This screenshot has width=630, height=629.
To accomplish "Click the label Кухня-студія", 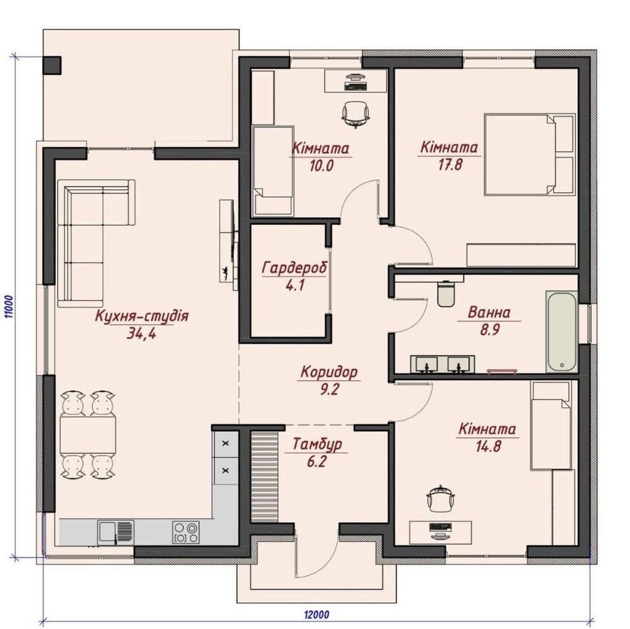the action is point(141,316).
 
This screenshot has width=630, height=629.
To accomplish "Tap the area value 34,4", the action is point(141,333).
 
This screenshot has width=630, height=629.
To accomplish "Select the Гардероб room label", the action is point(295,268).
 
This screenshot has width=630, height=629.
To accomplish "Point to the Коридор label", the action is point(329,372).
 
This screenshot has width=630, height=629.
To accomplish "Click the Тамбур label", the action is point(317,444).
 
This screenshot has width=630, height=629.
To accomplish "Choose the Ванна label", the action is point(489,313).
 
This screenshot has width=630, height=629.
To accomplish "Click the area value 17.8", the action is point(450,164).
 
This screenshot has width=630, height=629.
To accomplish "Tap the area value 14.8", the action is point(489,446).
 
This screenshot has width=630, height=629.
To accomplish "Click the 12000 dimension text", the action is point(317,615).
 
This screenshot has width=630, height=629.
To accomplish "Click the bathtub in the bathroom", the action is point(562,332).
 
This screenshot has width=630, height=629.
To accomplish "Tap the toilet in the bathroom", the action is point(446,294).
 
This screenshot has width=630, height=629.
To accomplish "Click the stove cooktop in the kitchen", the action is point(185,532).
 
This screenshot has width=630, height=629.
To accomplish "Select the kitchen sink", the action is point(115,532).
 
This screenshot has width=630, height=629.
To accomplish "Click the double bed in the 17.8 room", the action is point(529,154).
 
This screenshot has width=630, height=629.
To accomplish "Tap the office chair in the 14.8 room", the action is point(441,499).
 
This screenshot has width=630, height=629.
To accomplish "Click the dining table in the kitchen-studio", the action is point(87,435).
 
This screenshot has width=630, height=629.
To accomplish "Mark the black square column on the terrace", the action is point(52,65).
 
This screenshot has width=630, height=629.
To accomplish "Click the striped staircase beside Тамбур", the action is point(264,476).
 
